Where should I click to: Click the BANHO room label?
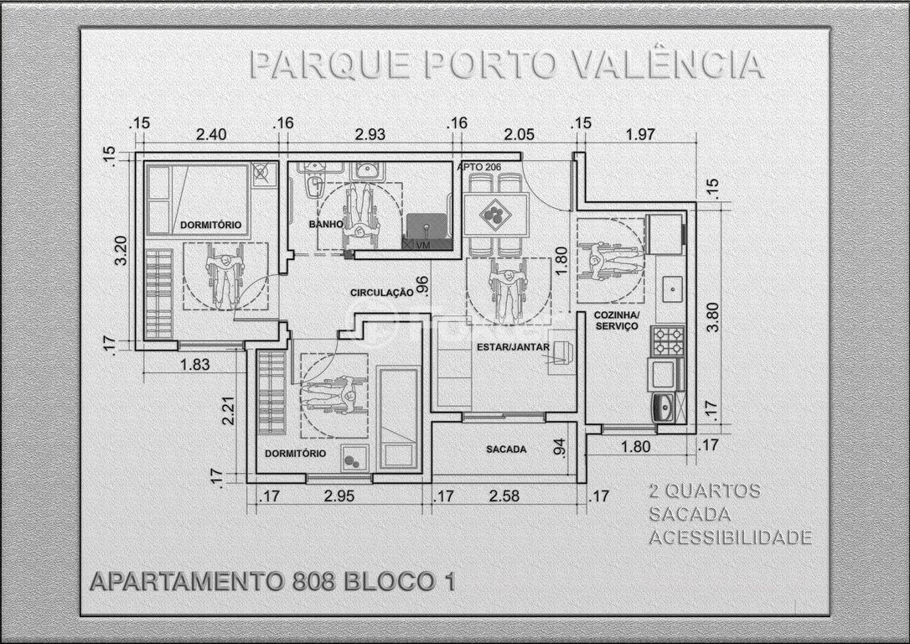point(326,224)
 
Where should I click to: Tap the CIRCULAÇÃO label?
point(381,293)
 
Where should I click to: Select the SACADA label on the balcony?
point(506,449)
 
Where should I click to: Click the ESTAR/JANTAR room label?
point(513,347)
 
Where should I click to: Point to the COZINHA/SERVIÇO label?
point(616,320)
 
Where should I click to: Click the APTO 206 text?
point(478,167)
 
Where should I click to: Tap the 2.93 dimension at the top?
point(370,134)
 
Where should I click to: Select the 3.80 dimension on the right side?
point(713,316)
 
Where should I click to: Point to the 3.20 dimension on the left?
point(122,250)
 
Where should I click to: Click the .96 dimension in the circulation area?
point(422,286)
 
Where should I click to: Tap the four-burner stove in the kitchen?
point(667,340)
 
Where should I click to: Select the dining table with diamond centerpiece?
point(495,215)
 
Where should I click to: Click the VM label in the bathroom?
point(423,245)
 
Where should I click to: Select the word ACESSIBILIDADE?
point(730,538)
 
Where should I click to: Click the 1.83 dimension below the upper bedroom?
point(194,365)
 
